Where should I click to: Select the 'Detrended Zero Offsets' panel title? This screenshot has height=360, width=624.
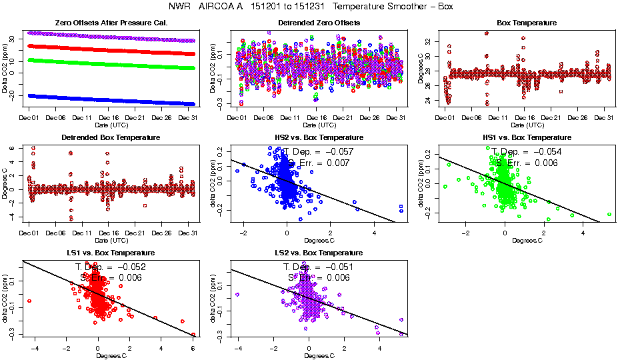click(x=319, y=23)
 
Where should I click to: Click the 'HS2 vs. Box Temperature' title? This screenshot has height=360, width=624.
click(x=319, y=137)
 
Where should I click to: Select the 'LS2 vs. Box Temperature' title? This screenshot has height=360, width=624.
click(x=319, y=253)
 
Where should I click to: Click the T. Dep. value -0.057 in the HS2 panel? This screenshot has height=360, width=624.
click(x=339, y=152)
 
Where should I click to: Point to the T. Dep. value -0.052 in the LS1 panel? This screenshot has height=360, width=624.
click(x=129, y=267)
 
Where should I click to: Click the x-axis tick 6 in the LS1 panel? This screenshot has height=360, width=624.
click(x=193, y=348)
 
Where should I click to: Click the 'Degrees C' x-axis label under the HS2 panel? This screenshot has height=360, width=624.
click(x=319, y=239)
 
